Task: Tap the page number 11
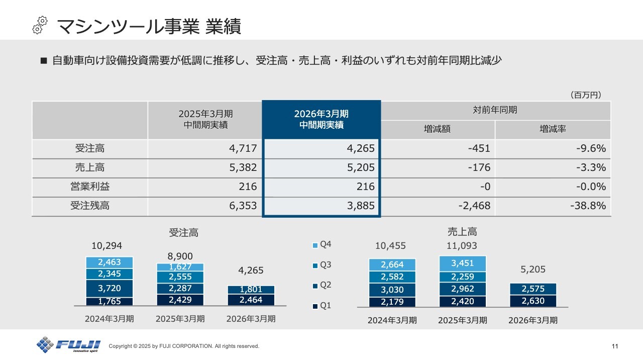615,346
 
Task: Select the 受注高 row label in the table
90,149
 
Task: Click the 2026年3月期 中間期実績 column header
321,120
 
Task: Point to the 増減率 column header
553,129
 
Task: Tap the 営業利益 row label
90,187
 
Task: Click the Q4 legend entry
322,245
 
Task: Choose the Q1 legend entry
322,306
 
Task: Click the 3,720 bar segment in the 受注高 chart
110,288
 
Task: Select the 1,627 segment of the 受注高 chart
180,267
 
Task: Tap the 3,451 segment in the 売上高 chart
463,263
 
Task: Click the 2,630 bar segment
533,301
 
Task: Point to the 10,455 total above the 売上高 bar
390,246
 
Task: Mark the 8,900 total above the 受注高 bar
180,256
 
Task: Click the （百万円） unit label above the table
586,95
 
